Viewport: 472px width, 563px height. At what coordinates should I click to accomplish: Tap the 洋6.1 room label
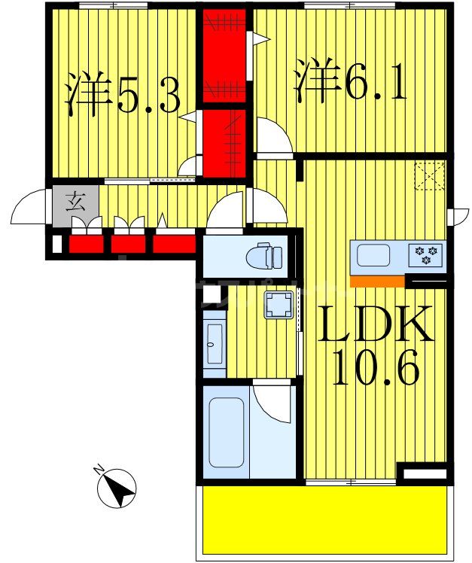[x=350, y=82]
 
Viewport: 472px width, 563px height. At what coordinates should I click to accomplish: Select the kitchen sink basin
[x=374, y=256]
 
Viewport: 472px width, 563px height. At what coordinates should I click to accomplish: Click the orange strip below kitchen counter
[x=376, y=281]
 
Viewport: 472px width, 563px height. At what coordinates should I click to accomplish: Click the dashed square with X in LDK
[x=431, y=177]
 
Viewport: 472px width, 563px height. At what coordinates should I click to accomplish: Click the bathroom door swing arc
[x=273, y=403]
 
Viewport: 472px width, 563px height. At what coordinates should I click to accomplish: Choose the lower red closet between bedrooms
[x=225, y=142]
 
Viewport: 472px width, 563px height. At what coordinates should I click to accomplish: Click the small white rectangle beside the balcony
[x=423, y=474]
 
